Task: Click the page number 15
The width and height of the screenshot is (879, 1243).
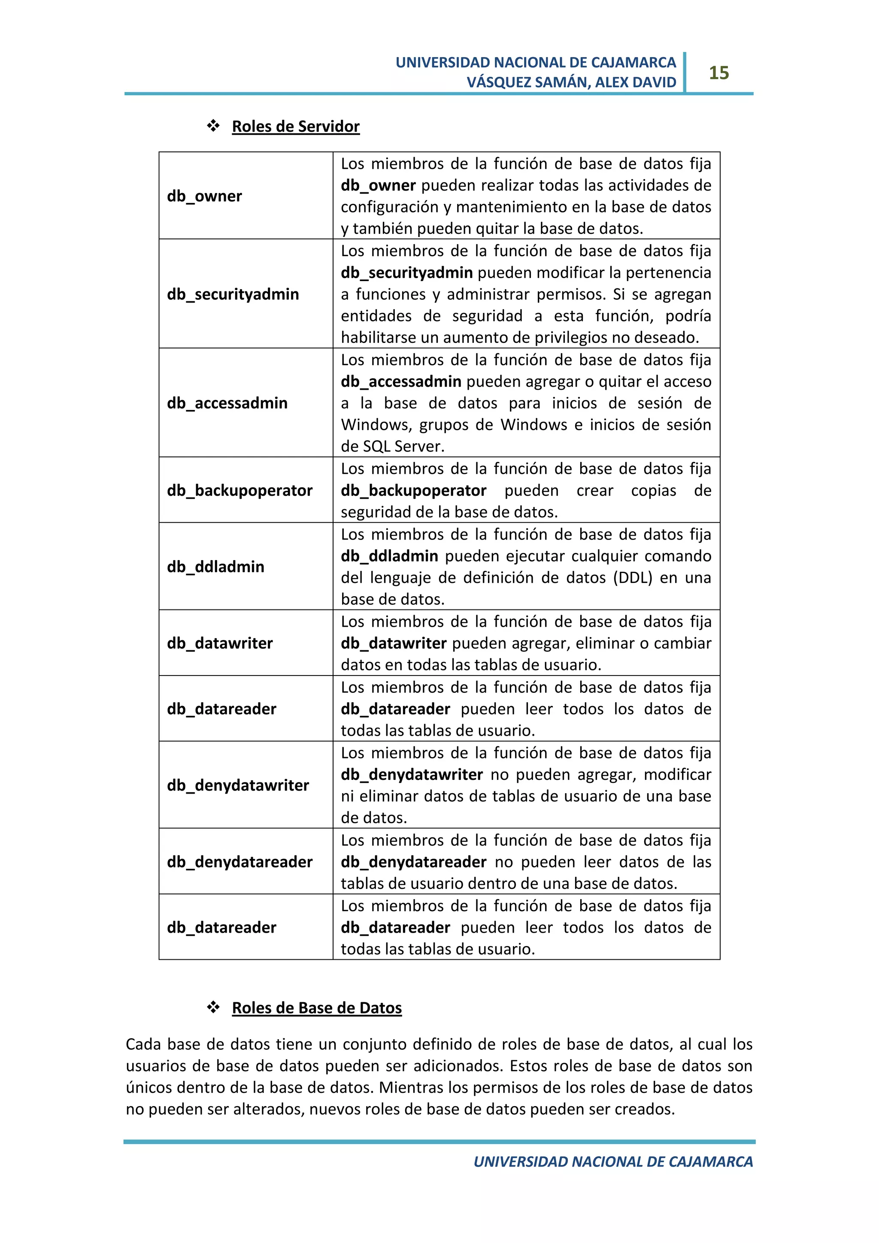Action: pyautogui.click(x=719, y=73)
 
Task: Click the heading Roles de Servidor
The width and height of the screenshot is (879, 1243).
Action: pyautogui.click(x=296, y=127)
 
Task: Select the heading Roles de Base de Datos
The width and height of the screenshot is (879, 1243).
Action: pyautogui.click(x=317, y=1008)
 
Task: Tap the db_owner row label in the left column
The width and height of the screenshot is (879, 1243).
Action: pyautogui.click(x=204, y=196)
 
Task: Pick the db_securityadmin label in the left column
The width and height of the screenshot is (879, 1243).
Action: pyautogui.click(x=233, y=294)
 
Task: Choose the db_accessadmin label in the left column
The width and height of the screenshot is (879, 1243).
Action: pyautogui.click(x=227, y=403)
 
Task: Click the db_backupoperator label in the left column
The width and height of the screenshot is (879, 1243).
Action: pyautogui.click(x=239, y=491)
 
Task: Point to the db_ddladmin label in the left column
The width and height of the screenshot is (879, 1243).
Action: pyautogui.click(x=215, y=567)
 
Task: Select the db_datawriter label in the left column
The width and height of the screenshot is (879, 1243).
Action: pyautogui.click(x=220, y=643)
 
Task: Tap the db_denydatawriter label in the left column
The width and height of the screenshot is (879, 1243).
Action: pyautogui.click(x=238, y=785)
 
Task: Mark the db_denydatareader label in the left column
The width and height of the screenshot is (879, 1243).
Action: pyautogui.click(x=239, y=862)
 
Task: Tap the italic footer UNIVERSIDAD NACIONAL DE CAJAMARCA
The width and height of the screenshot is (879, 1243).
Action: pyautogui.click(x=613, y=1162)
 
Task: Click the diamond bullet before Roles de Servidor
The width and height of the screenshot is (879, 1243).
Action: pyautogui.click(x=213, y=126)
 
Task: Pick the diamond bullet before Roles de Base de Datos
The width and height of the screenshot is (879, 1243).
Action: pyautogui.click(x=213, y=1007)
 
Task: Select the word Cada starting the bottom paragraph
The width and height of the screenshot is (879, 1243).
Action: pyautogui.click(x=143, y=1044)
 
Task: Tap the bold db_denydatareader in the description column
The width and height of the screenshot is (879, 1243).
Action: pyautogui.click(x=413, y=862)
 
